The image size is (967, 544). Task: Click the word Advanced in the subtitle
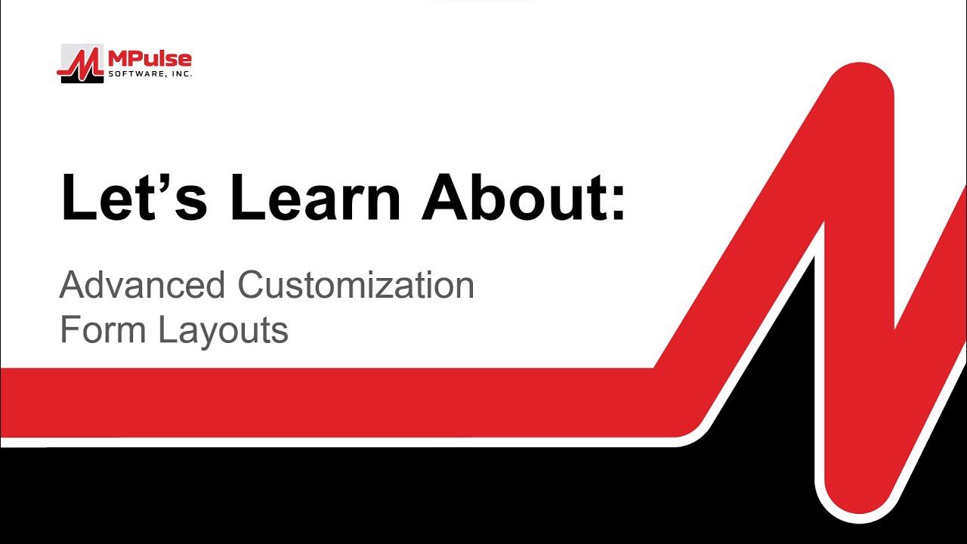coord(142,286)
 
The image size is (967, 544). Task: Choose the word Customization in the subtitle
coord(355,286)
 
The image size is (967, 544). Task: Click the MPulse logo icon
coord(81,63)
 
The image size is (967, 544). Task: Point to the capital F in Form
coord(70,330)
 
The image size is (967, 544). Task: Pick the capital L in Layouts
coord(165,330)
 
